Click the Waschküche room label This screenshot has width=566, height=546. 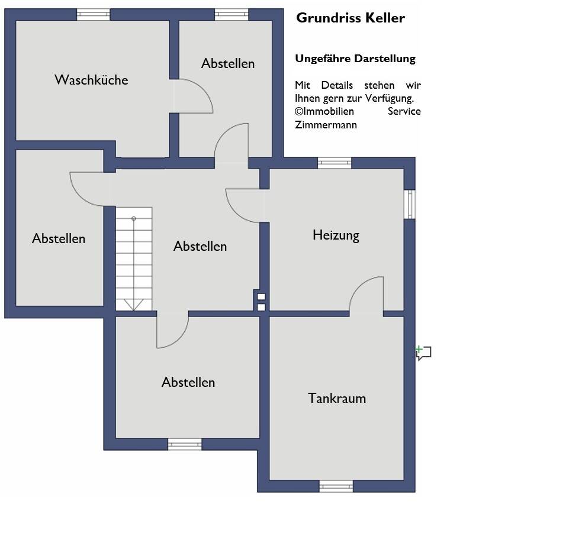tap(91, 80)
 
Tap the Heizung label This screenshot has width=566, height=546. tap(336, 235)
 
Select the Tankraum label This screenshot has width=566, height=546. tap(337, 398)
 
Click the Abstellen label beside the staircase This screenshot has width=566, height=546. tap(200, 246)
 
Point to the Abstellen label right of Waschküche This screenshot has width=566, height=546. tap(228, 63)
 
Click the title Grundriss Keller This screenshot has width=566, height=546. tap(350, 18)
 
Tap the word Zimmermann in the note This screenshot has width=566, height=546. tap(326, 125)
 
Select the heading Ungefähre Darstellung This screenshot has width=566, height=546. tap(355, 59)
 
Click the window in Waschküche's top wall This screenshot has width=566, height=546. tap(94, 14)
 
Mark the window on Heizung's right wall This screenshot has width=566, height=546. tap(409, 204)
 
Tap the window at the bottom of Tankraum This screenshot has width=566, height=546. tap(336, 486)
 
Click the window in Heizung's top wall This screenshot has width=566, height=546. tap(335, 163)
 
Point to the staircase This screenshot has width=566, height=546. tap(134, 259)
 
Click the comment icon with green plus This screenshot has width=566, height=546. tap(423, 353)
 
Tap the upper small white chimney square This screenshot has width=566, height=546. tap(261, 297)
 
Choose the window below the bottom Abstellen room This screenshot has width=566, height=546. tap(185, 444)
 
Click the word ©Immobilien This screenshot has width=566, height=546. tap(324, 111)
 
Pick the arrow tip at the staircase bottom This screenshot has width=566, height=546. tap(134, 308)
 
